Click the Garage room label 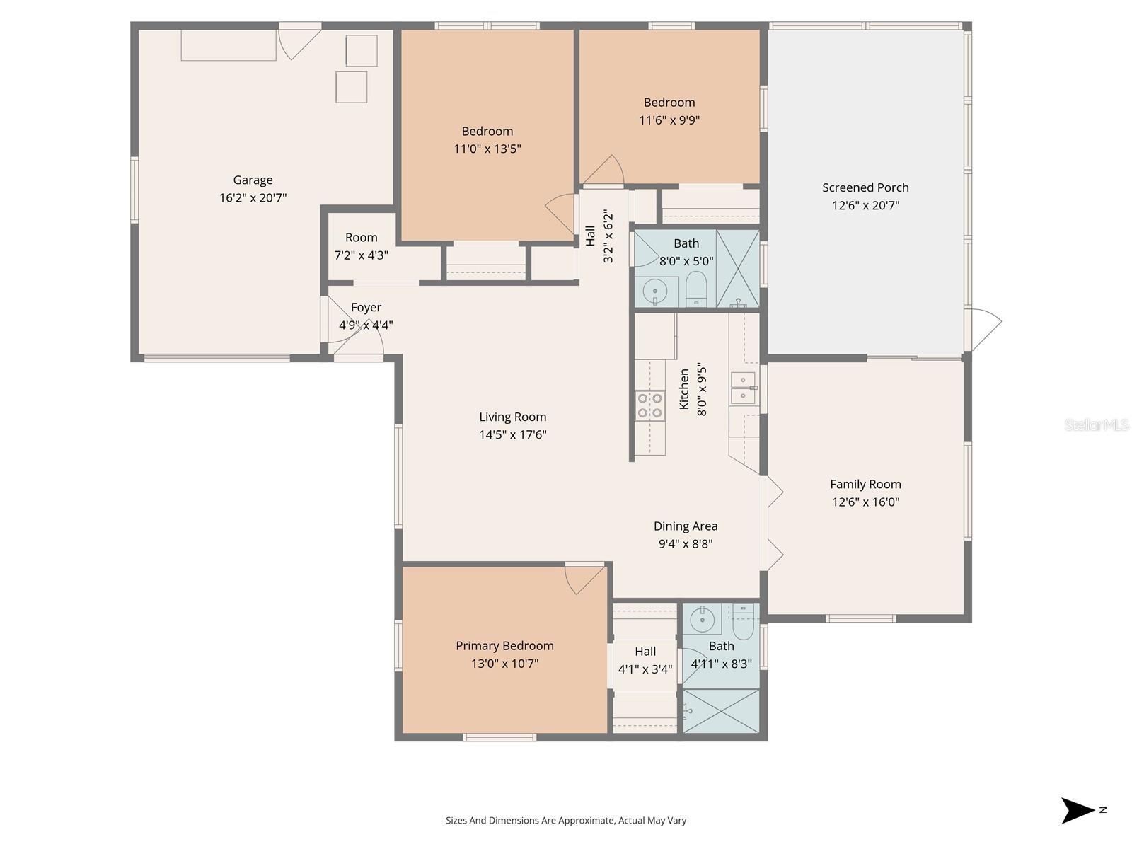253,180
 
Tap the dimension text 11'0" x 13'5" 487,149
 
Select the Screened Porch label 865,187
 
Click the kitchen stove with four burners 649,405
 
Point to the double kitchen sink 743,388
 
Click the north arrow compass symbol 1078,810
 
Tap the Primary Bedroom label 504,645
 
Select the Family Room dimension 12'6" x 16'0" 865,502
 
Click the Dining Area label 685,526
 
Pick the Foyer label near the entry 366,307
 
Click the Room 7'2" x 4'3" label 361,238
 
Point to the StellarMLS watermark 1097,425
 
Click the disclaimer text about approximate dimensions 565,821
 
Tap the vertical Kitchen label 684,388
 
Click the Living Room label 512,417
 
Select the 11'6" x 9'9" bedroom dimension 669,120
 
